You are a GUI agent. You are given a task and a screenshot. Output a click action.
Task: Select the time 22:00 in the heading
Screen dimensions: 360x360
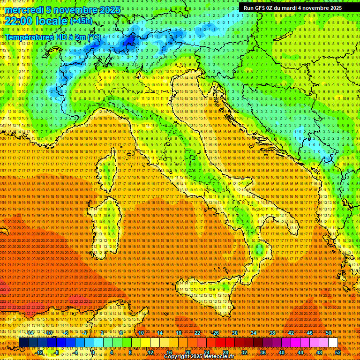18,21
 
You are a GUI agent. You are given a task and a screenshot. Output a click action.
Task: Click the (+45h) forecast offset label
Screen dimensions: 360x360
81,21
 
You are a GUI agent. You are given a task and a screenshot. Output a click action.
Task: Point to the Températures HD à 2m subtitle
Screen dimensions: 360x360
52,37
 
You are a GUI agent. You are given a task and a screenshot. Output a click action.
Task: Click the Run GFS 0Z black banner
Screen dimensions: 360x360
292,8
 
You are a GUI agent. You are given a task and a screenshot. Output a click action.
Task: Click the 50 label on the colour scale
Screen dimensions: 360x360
329,333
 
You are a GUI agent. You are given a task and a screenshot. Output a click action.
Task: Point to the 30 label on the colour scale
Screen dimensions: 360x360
234,333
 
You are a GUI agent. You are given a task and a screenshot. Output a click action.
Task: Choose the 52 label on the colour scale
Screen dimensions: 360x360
338,352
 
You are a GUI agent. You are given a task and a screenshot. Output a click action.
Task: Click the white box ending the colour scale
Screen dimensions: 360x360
333,343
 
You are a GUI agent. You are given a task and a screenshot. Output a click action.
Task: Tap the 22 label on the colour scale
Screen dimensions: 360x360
197,333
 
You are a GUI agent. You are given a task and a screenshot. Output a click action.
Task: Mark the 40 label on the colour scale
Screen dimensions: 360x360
281,352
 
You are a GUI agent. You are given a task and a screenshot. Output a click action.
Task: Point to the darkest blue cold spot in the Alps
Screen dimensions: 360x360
127,43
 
